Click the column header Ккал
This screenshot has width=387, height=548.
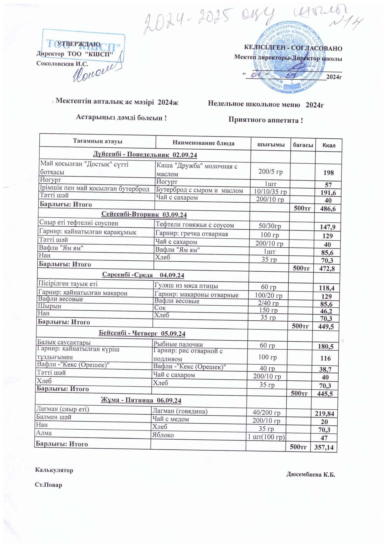pos(329,145)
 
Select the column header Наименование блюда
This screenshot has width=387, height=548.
pos(203,143)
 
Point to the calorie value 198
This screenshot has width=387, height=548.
pos(329,172)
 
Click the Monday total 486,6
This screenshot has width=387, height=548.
pos(328,209)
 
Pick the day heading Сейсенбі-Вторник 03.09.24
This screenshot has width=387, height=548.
pos(144,215)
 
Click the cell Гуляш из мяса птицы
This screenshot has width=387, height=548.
pos(186,285)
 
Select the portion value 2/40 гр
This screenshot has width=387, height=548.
pos(268,303)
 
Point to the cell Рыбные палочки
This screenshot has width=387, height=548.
pos(178,344)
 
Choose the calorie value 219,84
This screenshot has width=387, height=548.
pos(324,414)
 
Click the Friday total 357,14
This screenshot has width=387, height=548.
pos(324,447)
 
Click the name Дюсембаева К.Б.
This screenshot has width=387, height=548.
pos(311,475)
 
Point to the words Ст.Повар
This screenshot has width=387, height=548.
pos(48,485)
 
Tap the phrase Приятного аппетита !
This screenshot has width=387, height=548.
pos(265,120)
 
